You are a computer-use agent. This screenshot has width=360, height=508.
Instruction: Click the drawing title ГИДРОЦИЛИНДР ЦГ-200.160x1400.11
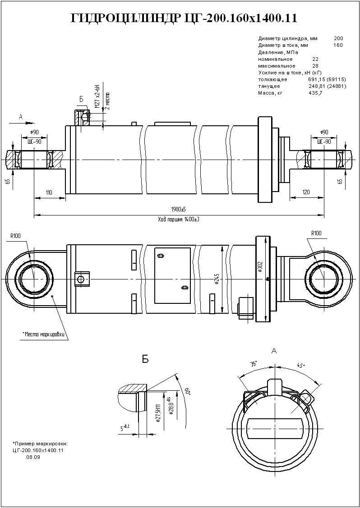coord(184,18)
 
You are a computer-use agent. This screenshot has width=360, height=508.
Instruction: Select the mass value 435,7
coord(315,93)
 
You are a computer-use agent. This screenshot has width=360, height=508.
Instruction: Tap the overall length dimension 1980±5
coord(179,210)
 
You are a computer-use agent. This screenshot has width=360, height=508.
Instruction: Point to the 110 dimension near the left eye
coord(49,192)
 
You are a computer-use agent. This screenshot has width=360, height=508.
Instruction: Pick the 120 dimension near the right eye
coord(306,192)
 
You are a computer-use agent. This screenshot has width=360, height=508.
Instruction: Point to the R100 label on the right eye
coord(316,233)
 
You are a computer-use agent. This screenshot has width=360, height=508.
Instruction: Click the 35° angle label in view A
coord(254,363)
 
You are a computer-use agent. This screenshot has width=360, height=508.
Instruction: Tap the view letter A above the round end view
coord(275,350)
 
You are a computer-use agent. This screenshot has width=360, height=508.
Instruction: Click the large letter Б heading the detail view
coord(145,359)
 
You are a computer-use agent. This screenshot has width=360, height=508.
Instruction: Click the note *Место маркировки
coord(44,334)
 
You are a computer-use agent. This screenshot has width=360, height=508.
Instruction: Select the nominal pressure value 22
coord(315,59)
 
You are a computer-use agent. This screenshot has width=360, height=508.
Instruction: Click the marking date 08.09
coord(33,457)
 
